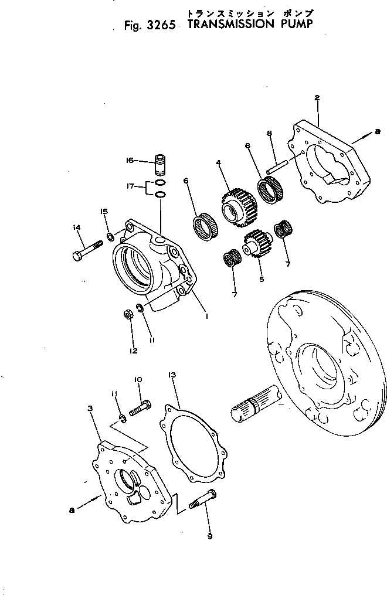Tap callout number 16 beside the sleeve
coord(130,160)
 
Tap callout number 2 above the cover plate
coord(317,98)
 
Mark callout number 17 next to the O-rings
coord(132,187)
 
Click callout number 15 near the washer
coord(104,211)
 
